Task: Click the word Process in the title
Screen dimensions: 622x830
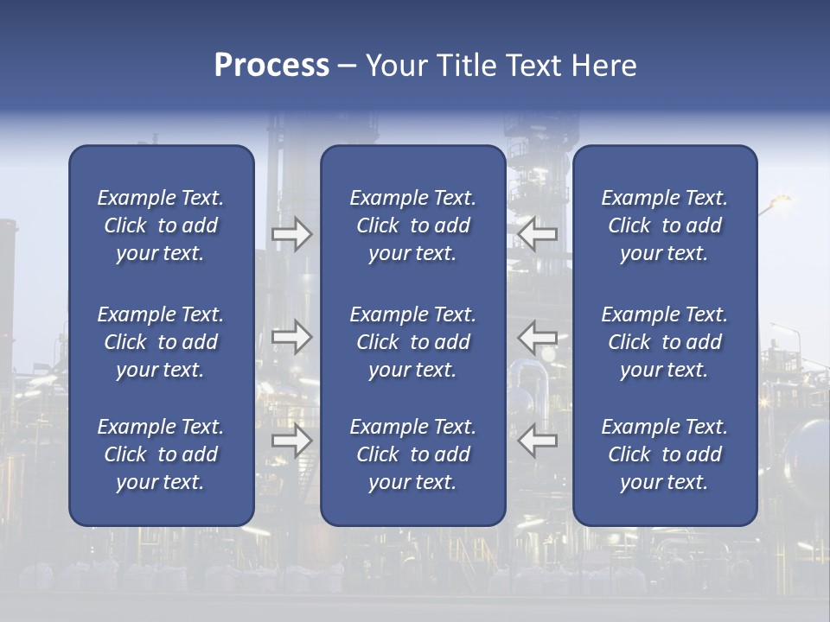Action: coord(271,66)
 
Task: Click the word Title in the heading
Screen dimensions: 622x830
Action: coord(464,66)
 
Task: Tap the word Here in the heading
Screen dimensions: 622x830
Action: coord(603,66)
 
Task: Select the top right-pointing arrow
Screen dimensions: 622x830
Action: coord(291,234)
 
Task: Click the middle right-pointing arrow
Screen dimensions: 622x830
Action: coord(291,337)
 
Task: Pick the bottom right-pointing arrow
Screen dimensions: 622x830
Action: coord(291,441)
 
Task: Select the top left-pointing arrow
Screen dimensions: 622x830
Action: coord(537,234)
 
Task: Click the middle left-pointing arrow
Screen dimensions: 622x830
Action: coord(537,337)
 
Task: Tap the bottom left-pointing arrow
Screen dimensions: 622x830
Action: coord(537,441)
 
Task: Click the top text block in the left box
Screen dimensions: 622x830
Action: coord(161,225)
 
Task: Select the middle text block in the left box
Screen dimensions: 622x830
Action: coord(161,342)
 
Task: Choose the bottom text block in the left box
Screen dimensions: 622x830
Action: coord(161,454)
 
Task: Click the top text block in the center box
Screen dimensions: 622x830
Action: coord(412,225)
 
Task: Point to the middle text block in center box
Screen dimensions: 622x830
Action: coord(412,342)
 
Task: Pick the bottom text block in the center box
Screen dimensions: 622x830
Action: coord(412,454)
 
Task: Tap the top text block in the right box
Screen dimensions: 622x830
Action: coord(664,225)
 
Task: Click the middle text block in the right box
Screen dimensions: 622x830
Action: coord(664,342)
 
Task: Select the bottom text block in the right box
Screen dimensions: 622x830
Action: coord(664,454)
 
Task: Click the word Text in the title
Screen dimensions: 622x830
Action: coord(533,66)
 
